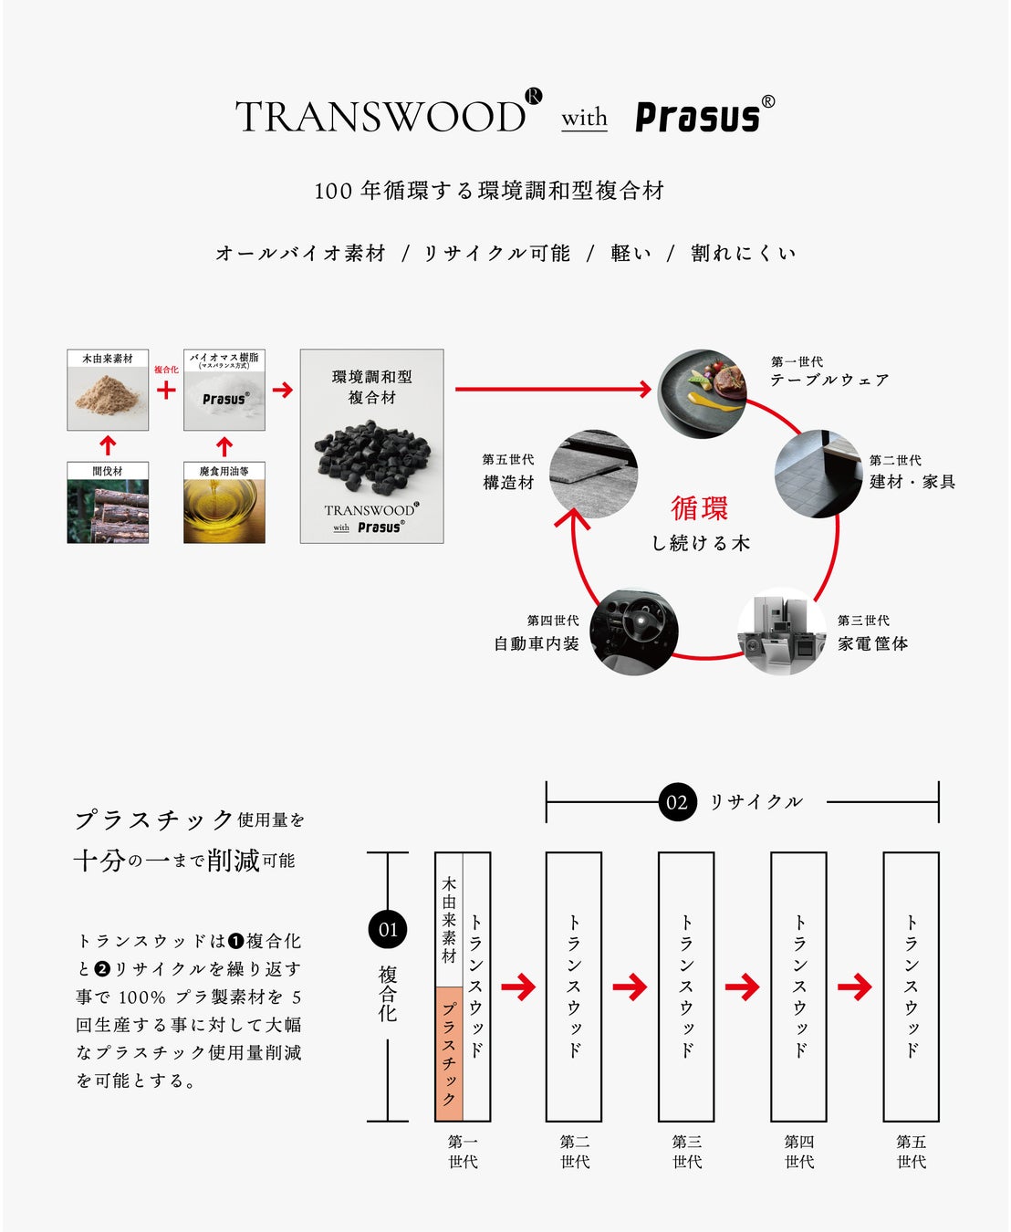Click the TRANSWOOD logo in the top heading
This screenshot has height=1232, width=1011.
pos(381,117)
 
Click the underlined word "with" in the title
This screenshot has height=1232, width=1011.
pos(584,119)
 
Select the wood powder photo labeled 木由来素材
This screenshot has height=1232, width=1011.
pos(108,398)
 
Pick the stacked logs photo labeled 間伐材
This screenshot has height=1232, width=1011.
pos(108,511)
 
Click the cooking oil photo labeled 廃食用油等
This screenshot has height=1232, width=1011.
pos(224,511)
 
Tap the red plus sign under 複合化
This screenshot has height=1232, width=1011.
pos(166,391)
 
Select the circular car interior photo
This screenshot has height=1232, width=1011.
pos(633,632)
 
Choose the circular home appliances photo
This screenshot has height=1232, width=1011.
pos(782,632)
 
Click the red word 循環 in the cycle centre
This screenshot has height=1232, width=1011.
pos(700,508)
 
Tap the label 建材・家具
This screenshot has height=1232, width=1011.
pos(912,482)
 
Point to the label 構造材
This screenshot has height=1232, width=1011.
pos(508,483)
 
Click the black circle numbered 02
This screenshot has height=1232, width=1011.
pos(677,802)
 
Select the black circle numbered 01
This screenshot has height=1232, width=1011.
pos(388,930)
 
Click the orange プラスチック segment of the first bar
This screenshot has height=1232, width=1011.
pos(449,1053)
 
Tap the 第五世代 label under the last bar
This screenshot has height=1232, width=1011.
pos(911,1152)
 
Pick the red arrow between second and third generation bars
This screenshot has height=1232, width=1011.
pos(631,987)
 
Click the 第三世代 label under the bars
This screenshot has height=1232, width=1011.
pos(687,1152)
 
